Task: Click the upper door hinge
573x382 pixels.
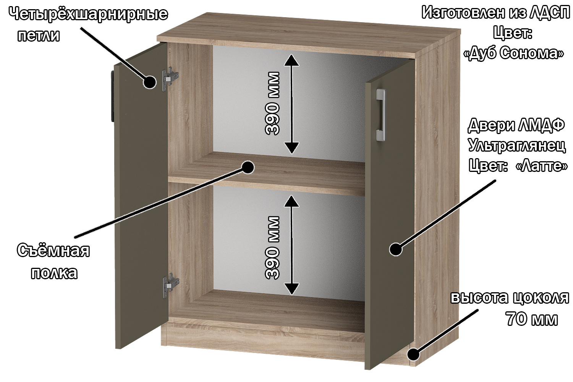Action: (170, 79)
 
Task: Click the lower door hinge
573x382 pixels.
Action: (171, 285)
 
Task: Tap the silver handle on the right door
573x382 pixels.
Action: (380, 115)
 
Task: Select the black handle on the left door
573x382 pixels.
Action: (112, 96)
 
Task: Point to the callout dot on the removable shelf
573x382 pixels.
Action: (248, 167)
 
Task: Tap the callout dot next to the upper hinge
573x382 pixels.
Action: (150, 82)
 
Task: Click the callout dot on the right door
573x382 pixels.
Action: (396, 249)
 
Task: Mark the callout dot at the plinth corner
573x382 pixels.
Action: (413, 354)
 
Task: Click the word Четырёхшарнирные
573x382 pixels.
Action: (89, 14)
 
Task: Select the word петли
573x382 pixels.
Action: (39, 36)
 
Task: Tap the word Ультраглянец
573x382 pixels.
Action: (517, 146)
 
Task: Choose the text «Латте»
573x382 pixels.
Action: (542, 167)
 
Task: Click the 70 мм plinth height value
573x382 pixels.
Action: (532, 319)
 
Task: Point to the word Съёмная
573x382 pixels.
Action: (53, 251)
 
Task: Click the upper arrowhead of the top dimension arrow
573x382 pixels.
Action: (291, 60)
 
